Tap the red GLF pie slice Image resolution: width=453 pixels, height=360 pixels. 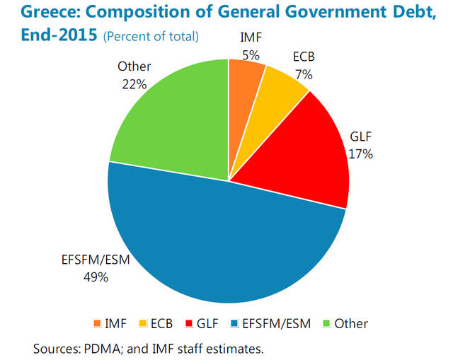[x=311, y=156]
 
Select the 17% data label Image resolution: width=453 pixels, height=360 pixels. [x=360, y=152]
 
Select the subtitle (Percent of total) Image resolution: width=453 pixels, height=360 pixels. [x=151, y=36]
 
